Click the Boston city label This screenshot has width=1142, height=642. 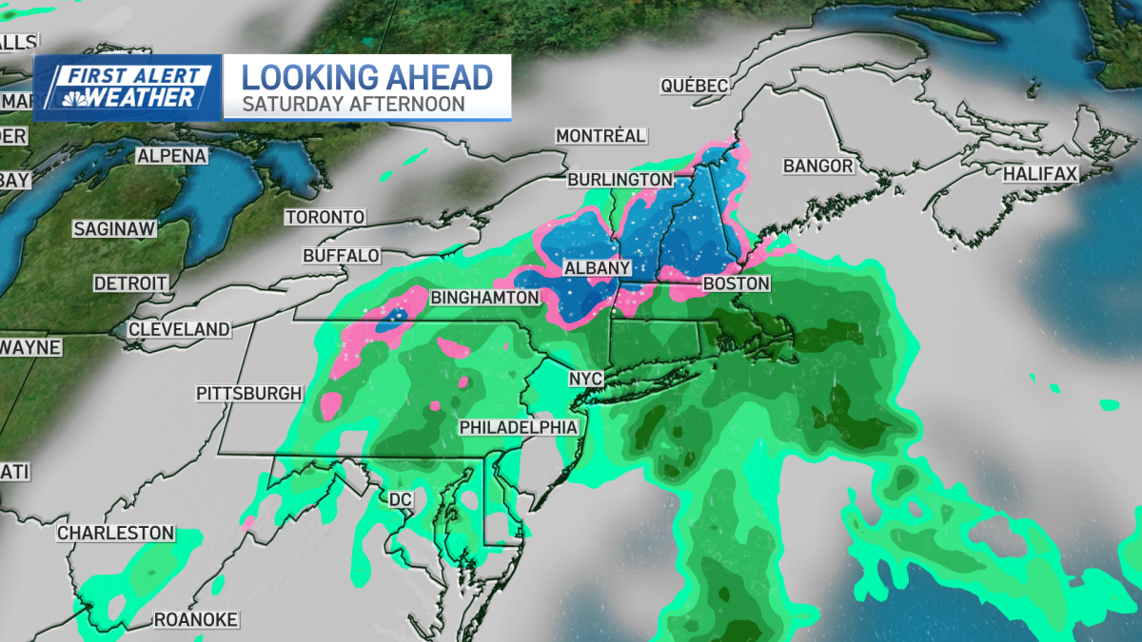pos(736,284)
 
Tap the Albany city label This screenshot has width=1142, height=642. pos(598,268)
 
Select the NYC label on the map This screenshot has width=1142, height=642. pos(586,379)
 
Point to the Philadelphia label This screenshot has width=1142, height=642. pos(519,427)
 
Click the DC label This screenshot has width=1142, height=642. pos(399,498)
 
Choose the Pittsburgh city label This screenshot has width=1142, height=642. pos(249,393)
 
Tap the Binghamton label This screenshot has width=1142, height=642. pos(485,298)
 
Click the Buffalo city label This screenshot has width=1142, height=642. pos(342,256)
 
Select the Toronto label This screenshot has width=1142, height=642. pos(325,217)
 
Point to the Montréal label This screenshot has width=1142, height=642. pos(601,136)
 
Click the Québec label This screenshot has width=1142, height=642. pos(695,87)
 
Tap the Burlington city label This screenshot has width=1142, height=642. pos(620,179)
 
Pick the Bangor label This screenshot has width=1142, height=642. pos(818,166)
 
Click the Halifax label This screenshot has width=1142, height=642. pos(1039,174)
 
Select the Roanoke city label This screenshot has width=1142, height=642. pos(196,620)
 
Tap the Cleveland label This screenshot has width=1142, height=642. pos(179,329)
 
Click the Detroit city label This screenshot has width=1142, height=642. pos(130,283)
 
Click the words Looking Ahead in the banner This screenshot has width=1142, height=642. pos(366,76)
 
